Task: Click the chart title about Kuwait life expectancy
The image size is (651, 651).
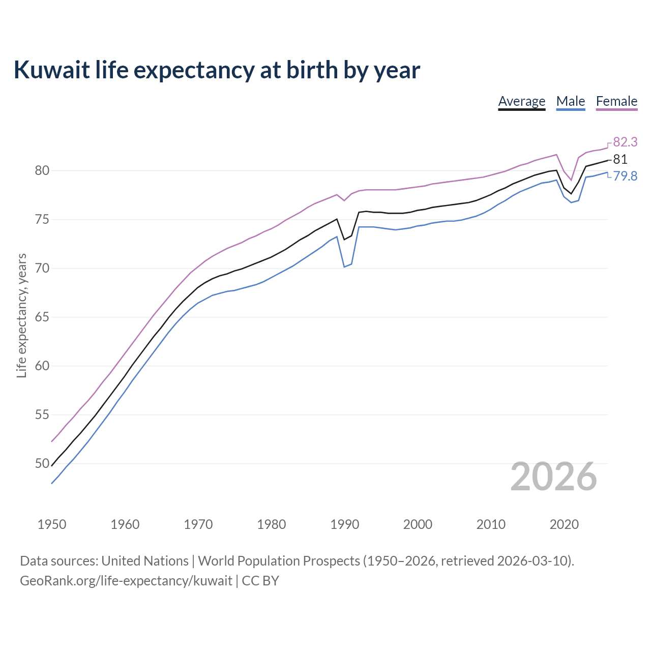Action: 217,70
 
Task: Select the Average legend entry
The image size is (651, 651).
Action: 521,101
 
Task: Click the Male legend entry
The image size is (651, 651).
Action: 570,101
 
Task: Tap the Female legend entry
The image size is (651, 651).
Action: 616,101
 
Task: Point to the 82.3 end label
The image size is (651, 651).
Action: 625,142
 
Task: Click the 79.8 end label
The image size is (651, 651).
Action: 625,176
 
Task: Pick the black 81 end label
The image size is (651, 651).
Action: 620,159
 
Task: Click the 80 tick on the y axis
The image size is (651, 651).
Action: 42,170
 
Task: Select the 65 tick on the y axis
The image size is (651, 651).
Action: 42,317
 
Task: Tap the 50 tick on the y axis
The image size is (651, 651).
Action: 42,463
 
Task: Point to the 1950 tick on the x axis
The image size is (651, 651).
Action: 52,524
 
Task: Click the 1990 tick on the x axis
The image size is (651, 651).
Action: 344,524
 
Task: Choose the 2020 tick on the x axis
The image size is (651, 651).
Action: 564,524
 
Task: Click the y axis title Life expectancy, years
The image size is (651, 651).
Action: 21,316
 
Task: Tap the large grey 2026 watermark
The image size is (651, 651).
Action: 553,477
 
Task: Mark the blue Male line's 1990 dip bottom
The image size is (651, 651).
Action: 344,267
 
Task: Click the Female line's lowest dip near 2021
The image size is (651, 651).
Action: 571,180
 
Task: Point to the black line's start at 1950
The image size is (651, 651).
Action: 52,465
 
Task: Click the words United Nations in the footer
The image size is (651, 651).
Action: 145,561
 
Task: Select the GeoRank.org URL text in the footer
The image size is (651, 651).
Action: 126,581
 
